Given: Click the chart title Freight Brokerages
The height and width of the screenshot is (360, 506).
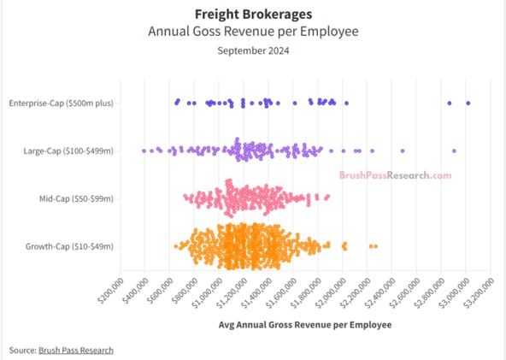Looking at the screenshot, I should (252, 15).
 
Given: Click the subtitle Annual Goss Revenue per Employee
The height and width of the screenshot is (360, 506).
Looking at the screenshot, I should (252, 32).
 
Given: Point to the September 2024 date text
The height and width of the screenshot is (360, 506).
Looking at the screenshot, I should (252, 50).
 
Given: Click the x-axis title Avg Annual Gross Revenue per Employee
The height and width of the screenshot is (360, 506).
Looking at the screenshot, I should (305, 325).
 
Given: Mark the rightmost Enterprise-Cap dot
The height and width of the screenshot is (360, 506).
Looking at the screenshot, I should (468, 103).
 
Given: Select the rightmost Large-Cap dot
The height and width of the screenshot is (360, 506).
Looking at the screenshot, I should (454, 150).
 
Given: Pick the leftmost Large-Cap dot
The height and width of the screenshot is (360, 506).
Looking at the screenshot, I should (144, 150).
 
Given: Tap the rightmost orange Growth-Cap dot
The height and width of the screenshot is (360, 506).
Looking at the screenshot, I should (375, 246).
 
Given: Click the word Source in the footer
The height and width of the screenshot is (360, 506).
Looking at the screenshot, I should (21, 350).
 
